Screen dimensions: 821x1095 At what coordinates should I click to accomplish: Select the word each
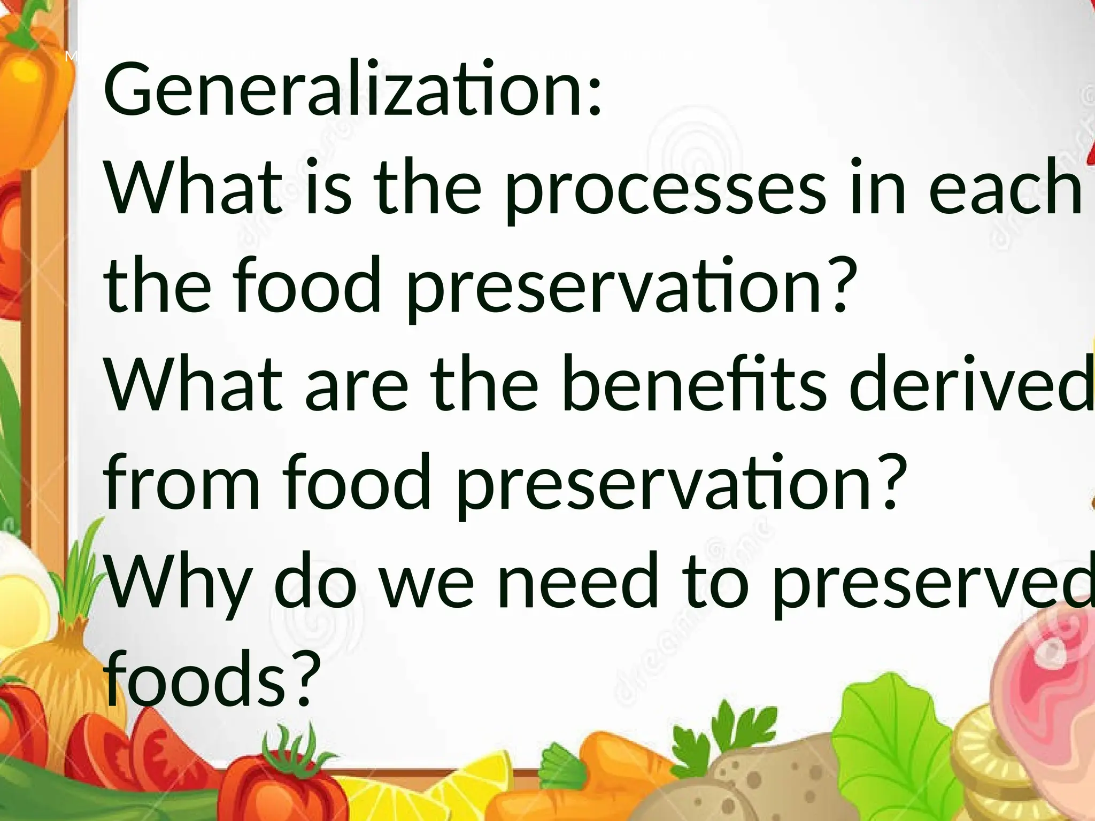click(1005, 187)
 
